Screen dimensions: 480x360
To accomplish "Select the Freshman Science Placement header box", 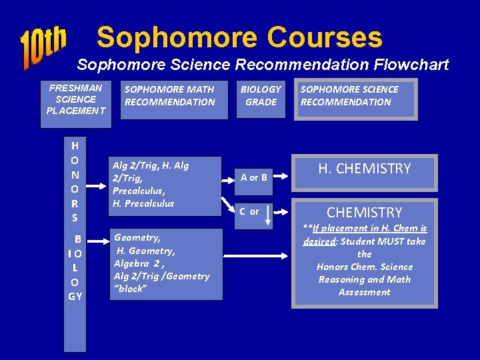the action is tap(76, 99).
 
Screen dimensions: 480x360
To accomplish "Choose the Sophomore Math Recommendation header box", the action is tap(170, 96).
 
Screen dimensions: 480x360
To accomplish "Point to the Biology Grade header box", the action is tap(261, 96).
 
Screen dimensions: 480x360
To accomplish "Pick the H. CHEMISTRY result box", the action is tap(364, 169).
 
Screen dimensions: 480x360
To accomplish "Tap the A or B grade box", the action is tap(254, 177).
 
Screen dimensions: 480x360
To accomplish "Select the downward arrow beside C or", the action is tap(267, 215).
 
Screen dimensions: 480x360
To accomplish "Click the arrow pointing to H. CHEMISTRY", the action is tap(283, 178).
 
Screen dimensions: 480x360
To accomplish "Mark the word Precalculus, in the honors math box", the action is tap(134, 191).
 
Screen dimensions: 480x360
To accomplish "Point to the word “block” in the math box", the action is tap(131, 289).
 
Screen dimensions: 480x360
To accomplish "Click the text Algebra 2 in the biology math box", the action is tap(137, 263).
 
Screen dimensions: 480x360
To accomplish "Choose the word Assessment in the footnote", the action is tap(364, 292).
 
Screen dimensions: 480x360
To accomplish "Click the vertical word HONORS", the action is tap(75, 181).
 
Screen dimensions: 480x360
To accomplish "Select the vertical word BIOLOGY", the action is tap(75, 267).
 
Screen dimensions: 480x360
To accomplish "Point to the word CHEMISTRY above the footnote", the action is tap(364, 213).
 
